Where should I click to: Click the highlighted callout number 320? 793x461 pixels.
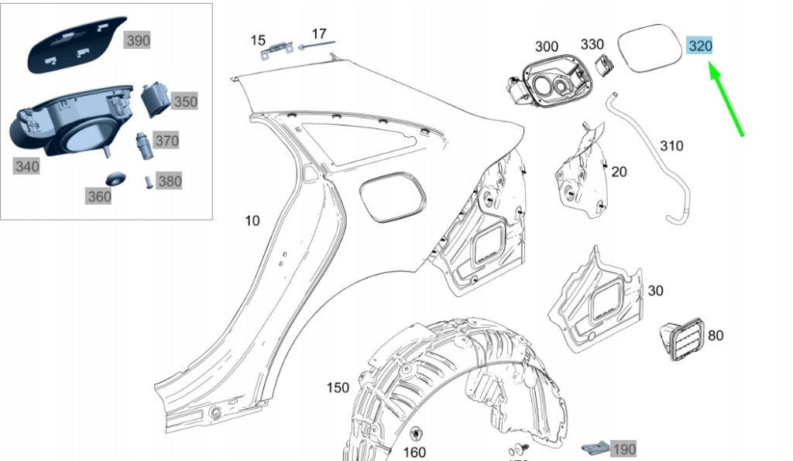click(x=700, y=46)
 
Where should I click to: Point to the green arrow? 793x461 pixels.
click(x=727, y=101)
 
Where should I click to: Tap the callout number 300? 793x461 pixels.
click(x=547, y=47)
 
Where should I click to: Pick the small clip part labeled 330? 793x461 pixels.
click(x=605, y=67)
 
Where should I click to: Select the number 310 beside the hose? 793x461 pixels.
click(x=672, y=145)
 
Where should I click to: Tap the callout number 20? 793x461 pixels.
click(x=619, y=172)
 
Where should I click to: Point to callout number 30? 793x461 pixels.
click(x=655, y=291)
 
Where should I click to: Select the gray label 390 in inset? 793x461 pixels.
click(x=138, y=41)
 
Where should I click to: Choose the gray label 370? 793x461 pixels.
click(x=166, y=141)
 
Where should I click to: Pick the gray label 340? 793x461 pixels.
click(x=27, y=166)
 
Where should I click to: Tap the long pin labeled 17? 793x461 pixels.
click(x=318, y=46)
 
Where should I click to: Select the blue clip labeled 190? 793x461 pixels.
click(x=595, y=448)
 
